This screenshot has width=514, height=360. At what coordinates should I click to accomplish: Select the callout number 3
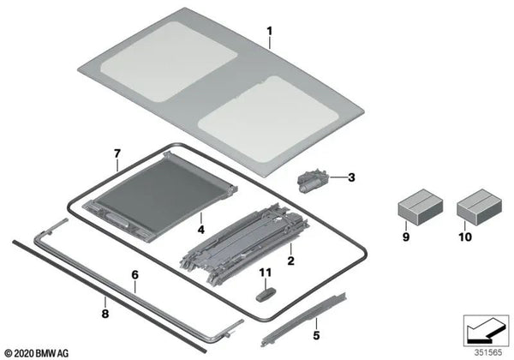click(350, 178)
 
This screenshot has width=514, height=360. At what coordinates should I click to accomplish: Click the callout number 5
click(316, 335)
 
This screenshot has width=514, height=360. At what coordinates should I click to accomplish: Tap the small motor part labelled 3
click(311, 180)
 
